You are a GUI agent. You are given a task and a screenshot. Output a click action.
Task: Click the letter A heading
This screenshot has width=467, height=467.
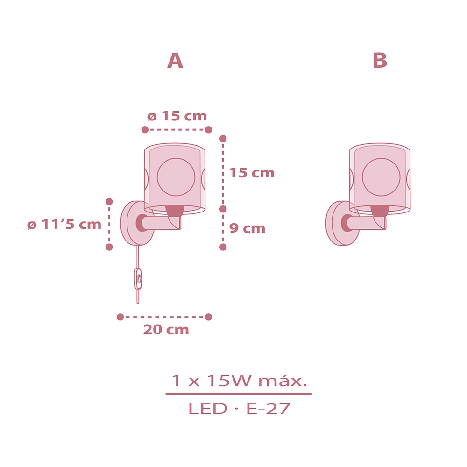(x=175, y=60)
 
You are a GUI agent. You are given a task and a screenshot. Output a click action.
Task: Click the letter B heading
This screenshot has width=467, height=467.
(x=380, y=60)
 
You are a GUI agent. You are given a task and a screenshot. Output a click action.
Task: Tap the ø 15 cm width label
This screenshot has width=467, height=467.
(x=177, y=116)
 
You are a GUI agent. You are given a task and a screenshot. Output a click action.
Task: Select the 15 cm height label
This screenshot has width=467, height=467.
(x=252, y=173)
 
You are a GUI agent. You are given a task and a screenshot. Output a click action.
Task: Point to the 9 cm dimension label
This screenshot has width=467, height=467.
(x=247, y=228)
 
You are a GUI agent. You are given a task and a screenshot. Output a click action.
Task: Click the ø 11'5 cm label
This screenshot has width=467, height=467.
(x=64, y=224)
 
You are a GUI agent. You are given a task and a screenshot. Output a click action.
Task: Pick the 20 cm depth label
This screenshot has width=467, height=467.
(x=166, y=329)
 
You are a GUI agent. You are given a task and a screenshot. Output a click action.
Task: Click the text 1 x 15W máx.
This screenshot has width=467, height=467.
(x=239, y=381)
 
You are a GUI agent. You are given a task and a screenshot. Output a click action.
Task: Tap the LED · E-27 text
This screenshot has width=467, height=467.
(x=239, y=409)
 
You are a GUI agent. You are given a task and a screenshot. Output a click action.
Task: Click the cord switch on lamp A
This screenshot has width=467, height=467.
(x=138, y=278)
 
